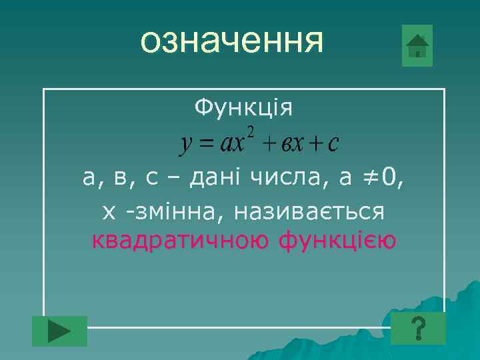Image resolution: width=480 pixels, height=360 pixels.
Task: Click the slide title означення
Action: coord(232,41)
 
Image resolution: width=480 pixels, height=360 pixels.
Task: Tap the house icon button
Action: coord(417,46)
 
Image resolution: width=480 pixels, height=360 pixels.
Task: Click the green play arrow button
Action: coord(60,331)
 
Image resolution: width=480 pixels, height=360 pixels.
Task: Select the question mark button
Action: coord(418,329)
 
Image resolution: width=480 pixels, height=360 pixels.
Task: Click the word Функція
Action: coord(243,107)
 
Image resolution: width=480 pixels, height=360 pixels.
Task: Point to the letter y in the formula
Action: coord(187,143)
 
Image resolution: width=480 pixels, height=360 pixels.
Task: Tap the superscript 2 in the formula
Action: coord(251,129)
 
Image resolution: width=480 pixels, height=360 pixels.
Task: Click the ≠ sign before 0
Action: coord(373,177)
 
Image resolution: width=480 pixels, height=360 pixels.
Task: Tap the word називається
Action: coord(317,211)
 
